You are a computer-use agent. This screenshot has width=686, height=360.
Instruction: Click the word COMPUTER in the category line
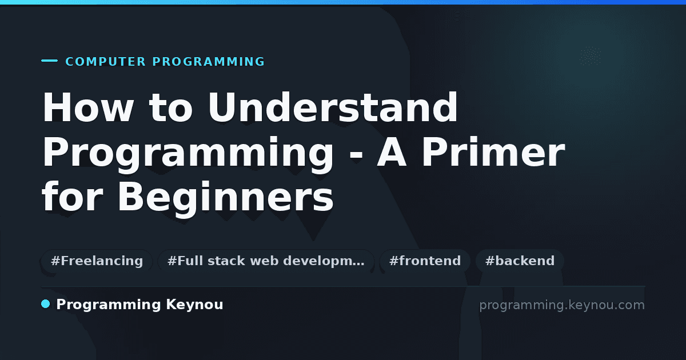tap(105, 62)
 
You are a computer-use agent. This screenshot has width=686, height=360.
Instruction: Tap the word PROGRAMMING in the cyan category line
tap(208, 62)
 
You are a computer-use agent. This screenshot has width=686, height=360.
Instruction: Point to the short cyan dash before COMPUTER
tap(49, 61)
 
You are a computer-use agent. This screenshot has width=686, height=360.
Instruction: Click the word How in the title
tap(88, 107)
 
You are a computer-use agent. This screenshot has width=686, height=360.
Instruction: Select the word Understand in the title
tap(333, 107)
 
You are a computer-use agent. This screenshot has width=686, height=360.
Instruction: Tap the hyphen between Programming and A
tap(356, 155)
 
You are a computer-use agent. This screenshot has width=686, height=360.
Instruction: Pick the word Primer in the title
tap(493, 151)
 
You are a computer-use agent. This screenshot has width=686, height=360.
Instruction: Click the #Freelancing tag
tap(97, 261)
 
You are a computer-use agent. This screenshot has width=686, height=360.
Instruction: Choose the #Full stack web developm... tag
tap(266, 261)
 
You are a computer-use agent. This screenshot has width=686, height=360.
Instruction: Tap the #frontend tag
tap(425, 261)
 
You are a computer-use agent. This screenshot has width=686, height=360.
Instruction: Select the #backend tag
tap(520, 261)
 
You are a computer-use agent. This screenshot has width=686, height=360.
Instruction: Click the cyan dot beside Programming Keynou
tap(46, 304)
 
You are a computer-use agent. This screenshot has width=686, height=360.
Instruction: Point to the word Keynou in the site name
tap(194, 305)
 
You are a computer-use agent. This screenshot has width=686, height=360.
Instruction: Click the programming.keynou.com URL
tap(562, 305)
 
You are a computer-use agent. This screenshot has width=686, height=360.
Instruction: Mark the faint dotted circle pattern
tap(591, 56)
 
